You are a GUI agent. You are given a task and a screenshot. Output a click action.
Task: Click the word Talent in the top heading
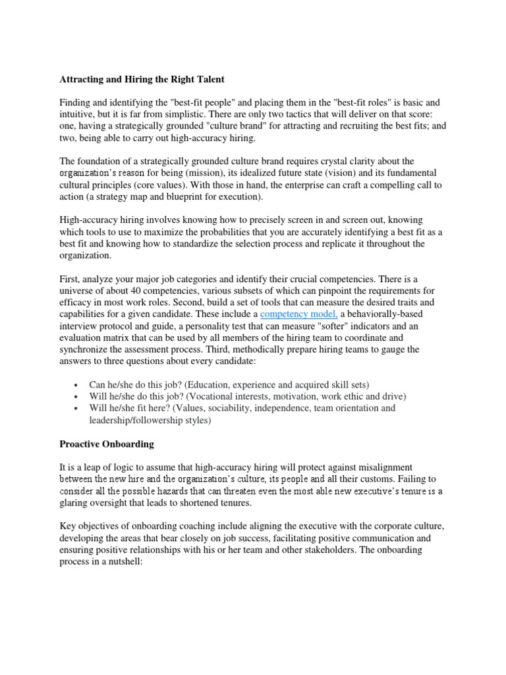coord(210,79)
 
